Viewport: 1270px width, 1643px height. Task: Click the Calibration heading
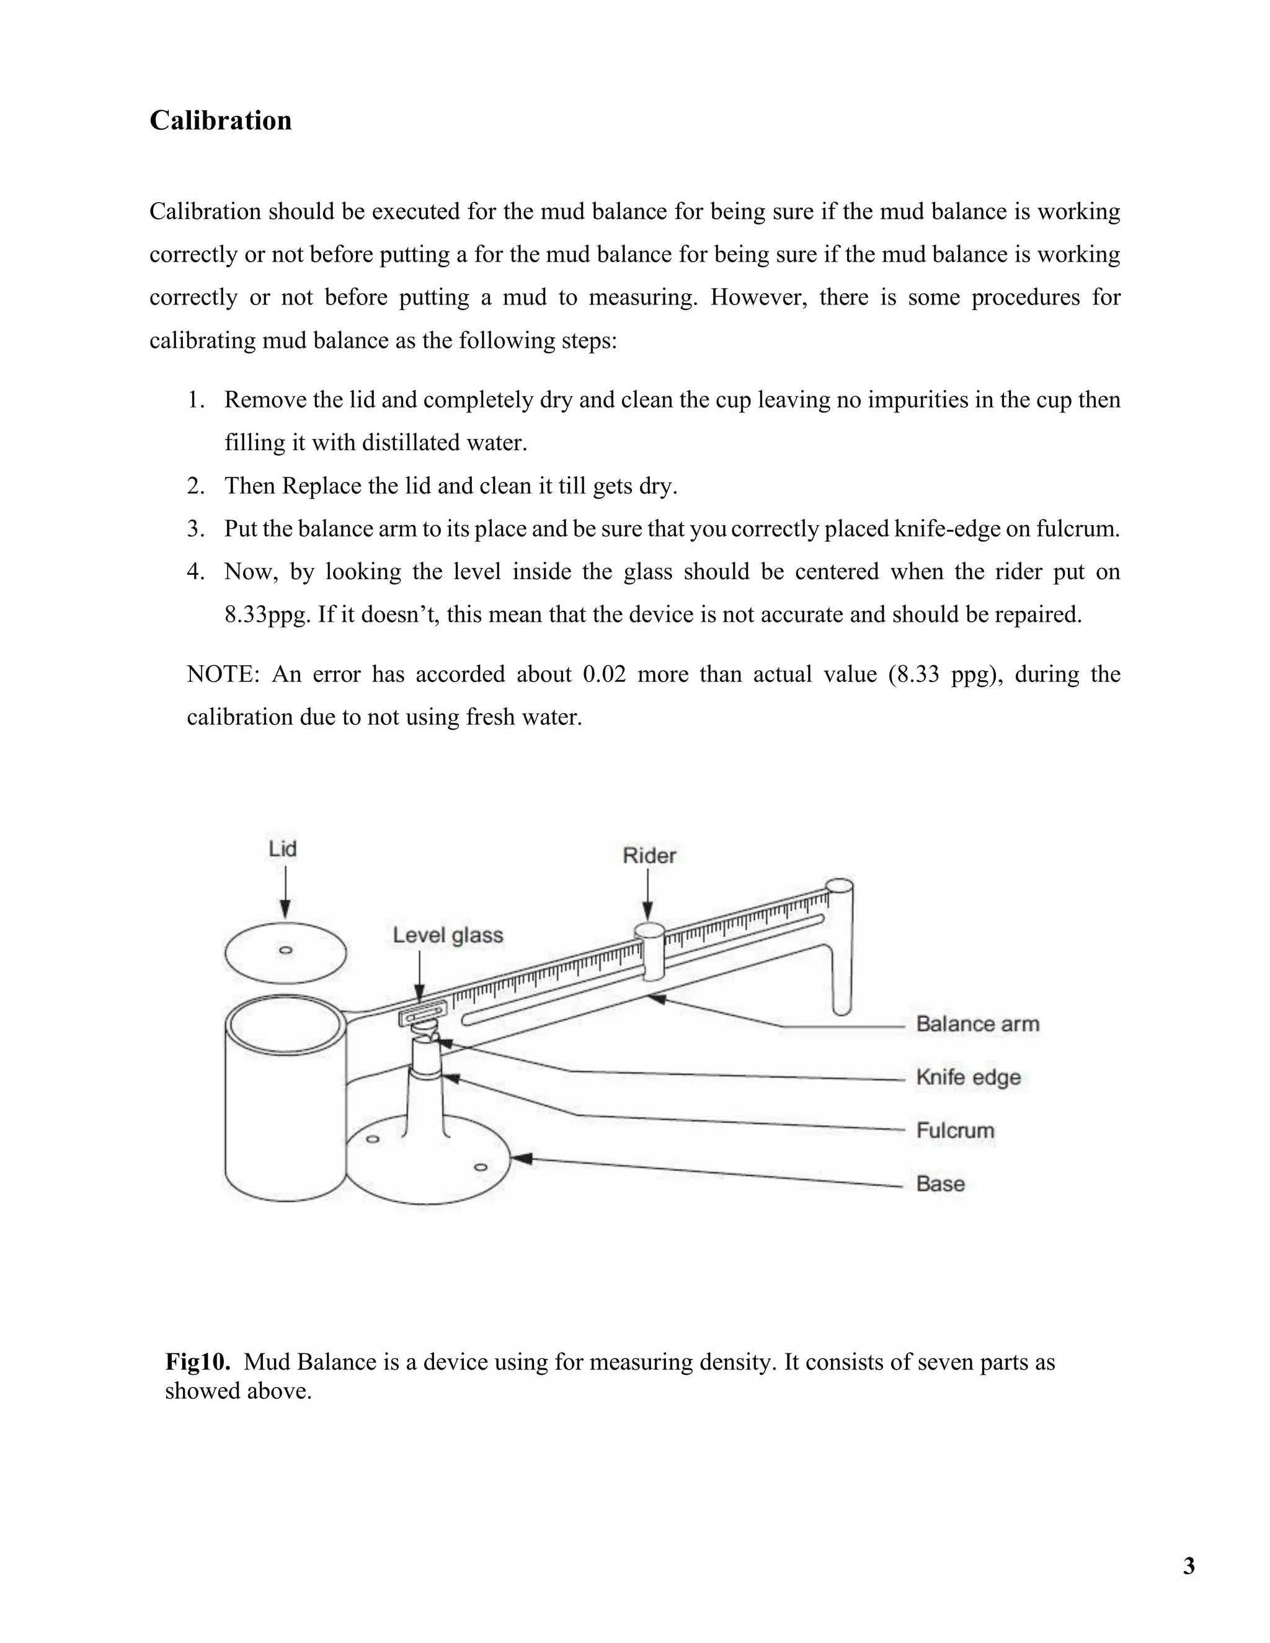220,120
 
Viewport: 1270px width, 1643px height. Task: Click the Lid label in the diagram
283,849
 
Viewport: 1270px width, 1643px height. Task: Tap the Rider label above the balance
649,856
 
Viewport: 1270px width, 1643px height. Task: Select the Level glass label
448,935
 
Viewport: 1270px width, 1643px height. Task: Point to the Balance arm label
977,1024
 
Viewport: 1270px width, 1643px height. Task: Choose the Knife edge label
968,1078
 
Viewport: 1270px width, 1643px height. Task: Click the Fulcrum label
955,1130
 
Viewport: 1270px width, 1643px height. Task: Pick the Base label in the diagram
939,1184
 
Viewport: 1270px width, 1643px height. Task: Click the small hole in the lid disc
286,950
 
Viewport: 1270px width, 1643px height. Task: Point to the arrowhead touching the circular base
522,1159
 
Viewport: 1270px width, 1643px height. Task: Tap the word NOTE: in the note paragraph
223,674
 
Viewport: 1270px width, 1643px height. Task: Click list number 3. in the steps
195,529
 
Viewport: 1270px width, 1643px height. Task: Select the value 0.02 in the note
604,674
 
